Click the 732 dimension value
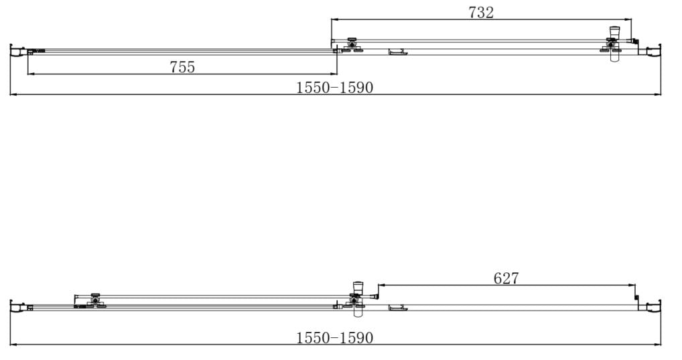pos(481,12)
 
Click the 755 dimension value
pos(182,66)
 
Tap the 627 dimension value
pos(506,278)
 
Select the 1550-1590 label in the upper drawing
pos(335,87)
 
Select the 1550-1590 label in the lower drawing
pos(335,338)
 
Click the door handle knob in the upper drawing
pos(614,35)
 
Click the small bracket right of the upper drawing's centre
pos(398,52)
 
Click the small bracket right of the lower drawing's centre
pos(398,308)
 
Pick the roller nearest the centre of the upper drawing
pos(351,46)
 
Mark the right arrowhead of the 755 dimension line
pos(334,73)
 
